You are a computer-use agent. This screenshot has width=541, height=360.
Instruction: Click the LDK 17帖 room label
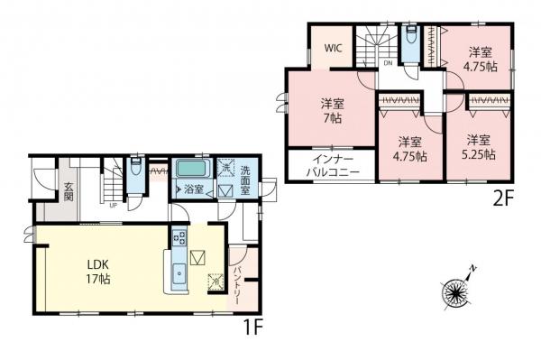98,271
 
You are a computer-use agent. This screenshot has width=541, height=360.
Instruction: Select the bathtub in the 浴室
191,169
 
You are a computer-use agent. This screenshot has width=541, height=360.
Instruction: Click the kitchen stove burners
179,239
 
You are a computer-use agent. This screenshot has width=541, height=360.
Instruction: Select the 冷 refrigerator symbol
215,282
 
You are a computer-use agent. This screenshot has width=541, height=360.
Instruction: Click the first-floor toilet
133,170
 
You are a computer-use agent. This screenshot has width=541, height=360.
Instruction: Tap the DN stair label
388,64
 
